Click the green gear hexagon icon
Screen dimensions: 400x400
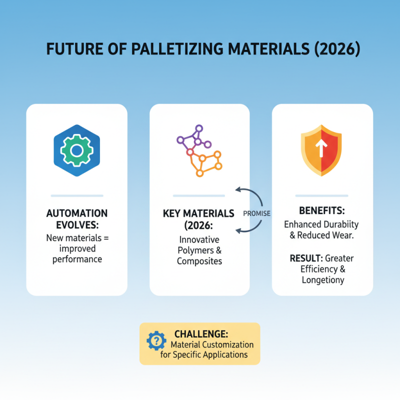[x=76, y=150]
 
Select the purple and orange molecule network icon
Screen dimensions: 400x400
[x=199, y=150]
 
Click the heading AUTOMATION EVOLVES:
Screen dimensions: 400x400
[x=76, y=219]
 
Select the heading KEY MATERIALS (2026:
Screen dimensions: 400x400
[x=198, y=219]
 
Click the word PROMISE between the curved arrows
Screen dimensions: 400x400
[x=256, y=213]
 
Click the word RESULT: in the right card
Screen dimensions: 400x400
[x=306, y=258]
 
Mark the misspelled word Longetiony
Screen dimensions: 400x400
[x=323, y=280]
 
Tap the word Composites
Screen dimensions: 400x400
[x=199, y=261]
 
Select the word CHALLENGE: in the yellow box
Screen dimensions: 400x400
[x=201, y=334]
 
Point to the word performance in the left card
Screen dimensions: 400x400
[x=76, y=259]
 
